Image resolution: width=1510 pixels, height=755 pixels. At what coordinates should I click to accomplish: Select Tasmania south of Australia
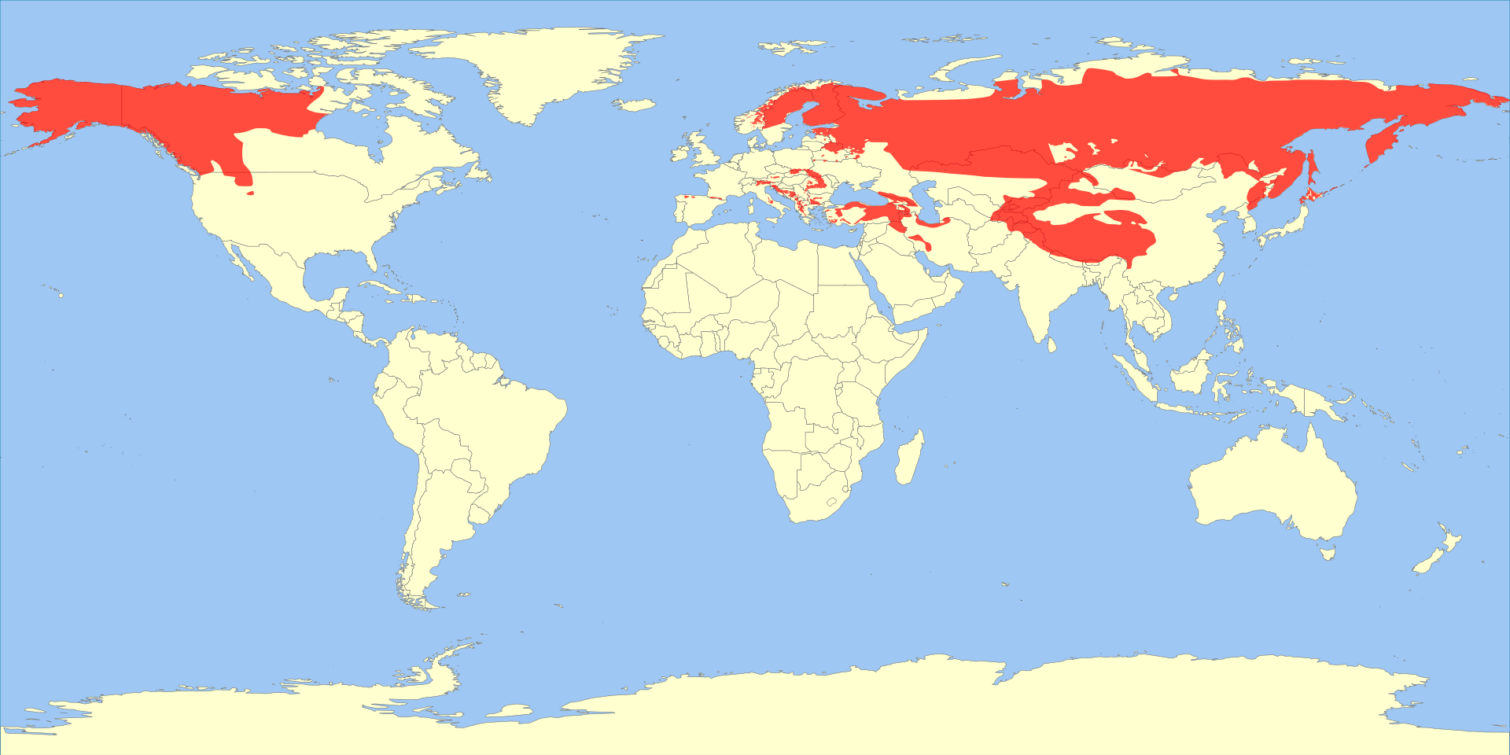tap(1328, 554)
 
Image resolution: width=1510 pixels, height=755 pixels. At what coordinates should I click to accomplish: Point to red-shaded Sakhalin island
tap(1311, 169)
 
